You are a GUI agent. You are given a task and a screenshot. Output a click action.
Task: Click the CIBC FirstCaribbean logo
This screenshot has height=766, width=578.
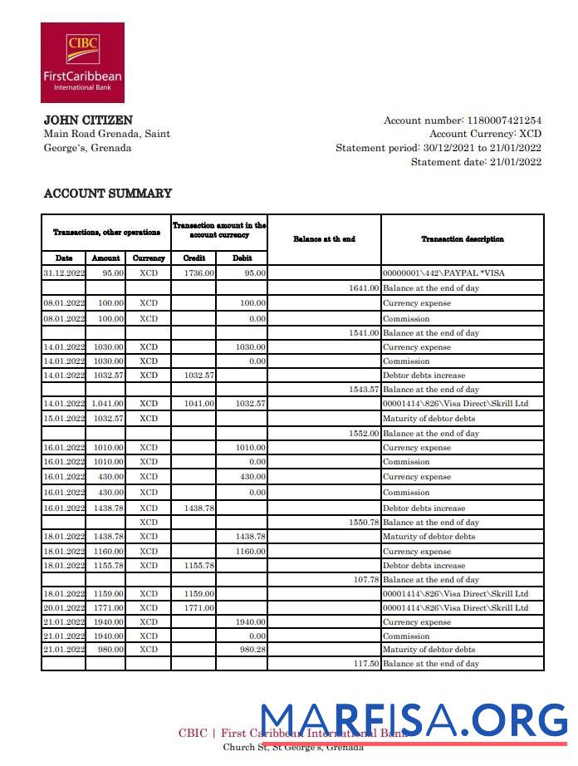(x=82, y=62)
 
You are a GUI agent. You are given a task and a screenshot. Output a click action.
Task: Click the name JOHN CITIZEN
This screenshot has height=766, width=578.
(x=87, y=120)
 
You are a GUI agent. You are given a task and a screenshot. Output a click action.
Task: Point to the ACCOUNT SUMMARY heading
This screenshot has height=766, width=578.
(x=107, y=194)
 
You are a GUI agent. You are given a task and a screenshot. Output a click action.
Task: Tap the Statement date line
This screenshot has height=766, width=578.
(x=476, y=162)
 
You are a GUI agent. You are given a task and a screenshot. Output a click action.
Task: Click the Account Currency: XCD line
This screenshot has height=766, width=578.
(x=485, y=134)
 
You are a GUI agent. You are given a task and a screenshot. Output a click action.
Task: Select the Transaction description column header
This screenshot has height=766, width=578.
(x=462, y=239)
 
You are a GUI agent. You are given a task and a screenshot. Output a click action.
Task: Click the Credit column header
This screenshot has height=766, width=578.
(x=193, y=258)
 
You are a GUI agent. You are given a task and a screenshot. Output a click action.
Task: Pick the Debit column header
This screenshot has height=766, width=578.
(x=242, y=258)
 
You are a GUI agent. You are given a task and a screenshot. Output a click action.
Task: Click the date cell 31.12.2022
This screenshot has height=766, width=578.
(x=64, y=273)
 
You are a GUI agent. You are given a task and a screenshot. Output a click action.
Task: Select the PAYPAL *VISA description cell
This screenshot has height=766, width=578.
(x=443, y=273)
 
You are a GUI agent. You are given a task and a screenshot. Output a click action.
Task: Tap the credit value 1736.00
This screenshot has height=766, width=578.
(x=199, y=273)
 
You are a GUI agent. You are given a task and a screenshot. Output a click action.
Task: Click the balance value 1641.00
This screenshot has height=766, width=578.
(x=363, y=288)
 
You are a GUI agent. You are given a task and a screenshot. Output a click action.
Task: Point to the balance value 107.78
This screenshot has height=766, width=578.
(x=365, y=580)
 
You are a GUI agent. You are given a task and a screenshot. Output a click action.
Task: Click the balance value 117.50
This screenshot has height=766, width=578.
(x=365, y=664)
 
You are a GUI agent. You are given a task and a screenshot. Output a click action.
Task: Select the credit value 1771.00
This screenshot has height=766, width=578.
(x=199, y=608)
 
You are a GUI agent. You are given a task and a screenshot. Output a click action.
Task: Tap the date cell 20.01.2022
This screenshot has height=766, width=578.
(x=64, y=608)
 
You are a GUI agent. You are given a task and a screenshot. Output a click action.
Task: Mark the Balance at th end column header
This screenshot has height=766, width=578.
(x=324, y=239)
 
